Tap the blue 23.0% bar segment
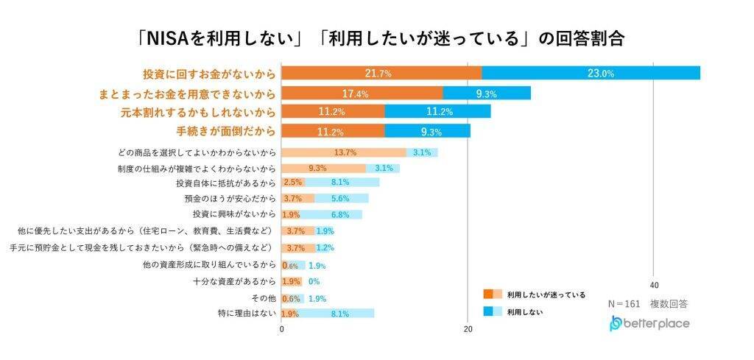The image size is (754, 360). (591, 74)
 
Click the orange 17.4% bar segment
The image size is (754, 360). (362, 93)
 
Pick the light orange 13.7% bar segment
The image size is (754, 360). (344, 152)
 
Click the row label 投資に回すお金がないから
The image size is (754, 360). (209, 74)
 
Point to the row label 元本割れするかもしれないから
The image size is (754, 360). (198, 113)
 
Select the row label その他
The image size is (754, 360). (263, 298)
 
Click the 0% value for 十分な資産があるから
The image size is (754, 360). (314, 282)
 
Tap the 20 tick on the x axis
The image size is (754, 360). (468, 329)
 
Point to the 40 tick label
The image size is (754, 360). (653, 285)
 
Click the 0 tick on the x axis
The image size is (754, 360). (282, 329)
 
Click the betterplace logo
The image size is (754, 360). (649, 323)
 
